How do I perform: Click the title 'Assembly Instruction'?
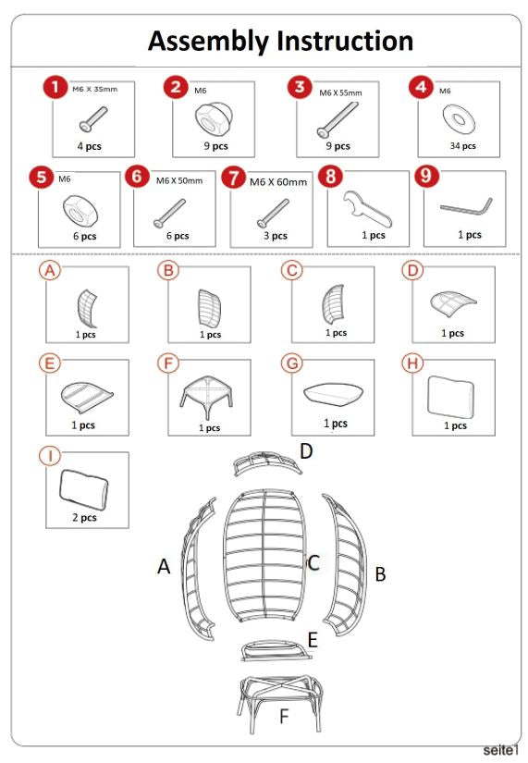(x=280, y=41)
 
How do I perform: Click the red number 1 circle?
(x=57, y=88)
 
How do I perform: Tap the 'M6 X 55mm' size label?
(x=340, y=92)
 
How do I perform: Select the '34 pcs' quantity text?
(x=462, y=145)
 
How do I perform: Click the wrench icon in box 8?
(x=365, y=208)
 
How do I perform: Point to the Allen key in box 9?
(x=465, y=204)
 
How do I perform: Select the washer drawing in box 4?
(x=458, y=117)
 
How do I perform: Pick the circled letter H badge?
(x=412, y=363)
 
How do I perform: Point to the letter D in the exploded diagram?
(x=305, y=450)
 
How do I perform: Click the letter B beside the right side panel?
(x=379, y=574)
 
